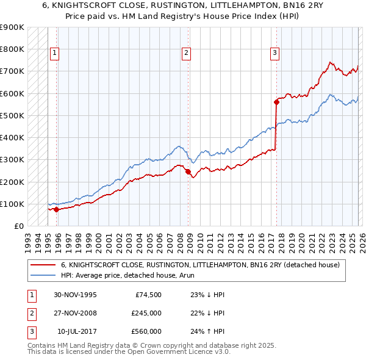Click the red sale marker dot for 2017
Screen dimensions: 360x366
click(276, 103)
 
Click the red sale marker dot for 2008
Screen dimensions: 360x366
click(188, 171)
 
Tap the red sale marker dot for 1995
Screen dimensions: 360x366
click(57, 209)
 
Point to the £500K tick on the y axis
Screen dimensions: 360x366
click(12, 115)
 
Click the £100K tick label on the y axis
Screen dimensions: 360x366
click(12, 204)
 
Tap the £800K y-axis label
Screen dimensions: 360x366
click(12, 49)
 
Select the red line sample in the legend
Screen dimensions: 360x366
click(43, 265)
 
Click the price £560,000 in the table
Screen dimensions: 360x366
click(146, 331)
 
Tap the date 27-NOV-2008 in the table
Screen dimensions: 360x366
click(75, 313)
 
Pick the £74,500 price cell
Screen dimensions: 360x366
click(146, 295)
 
